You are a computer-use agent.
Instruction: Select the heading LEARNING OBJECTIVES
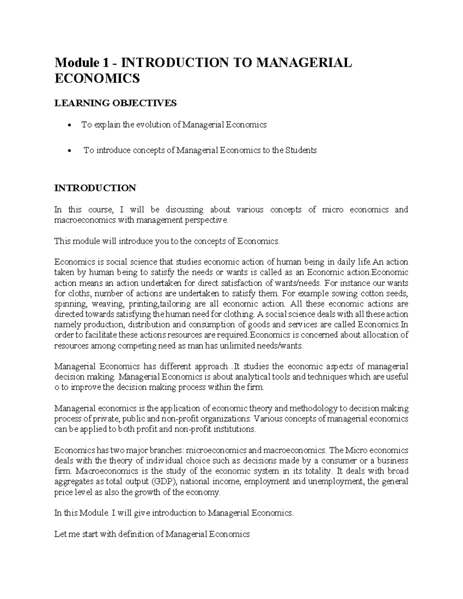pos(115,103)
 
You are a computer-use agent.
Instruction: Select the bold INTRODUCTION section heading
pos(95,188)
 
